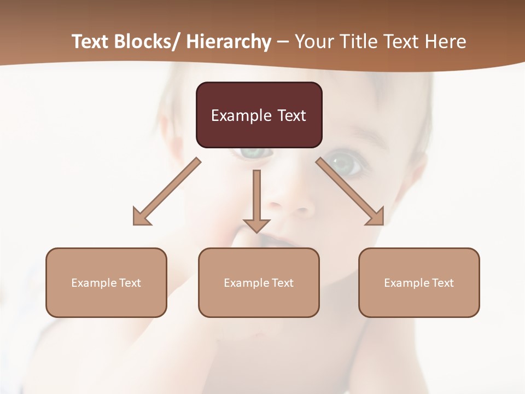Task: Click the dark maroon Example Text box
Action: pyautogui.click(x=259, y=115)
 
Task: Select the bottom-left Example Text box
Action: pyautogui.click(x=106, y=282)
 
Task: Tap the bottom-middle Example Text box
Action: pyautogui.click(x=259, y=282)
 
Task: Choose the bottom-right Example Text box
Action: pyautogui.click(x=419, y=282)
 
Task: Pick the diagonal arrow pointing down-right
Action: pyautogui.click(x=350, y=192)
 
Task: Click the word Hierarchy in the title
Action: pyautogui.click(x=229, y=42)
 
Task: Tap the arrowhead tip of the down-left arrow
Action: pyautogui.click(x=135, y=224)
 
